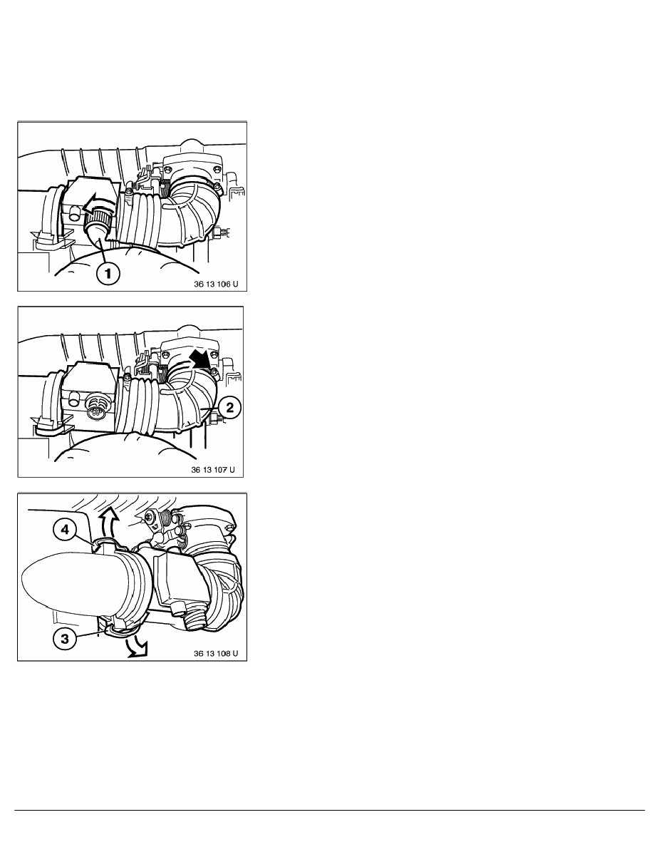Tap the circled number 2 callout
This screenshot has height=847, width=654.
click(x=228, y=409)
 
